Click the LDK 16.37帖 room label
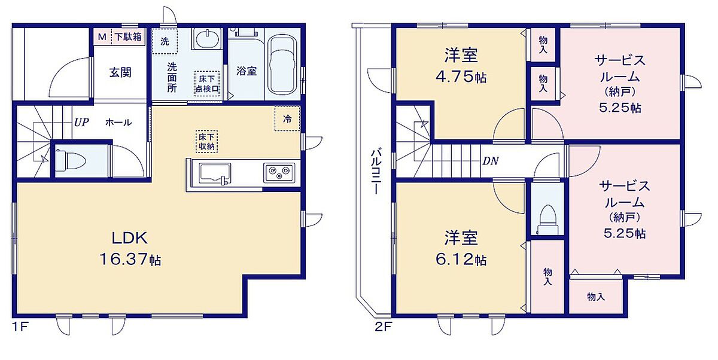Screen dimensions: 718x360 (x=130, y=248)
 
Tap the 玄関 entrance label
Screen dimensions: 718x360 (x=120, y=72)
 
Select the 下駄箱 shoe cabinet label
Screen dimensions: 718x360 (x=128, y=37)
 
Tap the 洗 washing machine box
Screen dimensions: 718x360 (x=165, y=41)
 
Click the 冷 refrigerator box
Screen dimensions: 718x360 (x=287, y=119)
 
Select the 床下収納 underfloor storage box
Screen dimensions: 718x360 (x=207, y=142)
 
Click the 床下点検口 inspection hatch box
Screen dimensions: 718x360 (x=207, y=83)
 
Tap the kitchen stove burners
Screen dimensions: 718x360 (x=279, y=173)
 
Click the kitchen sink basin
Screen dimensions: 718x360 (x=215, y=173)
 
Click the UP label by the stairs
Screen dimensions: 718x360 (x=81, y=123)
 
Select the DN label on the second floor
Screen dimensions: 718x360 (x=491, y=161)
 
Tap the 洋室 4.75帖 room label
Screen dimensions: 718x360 (x=461, y=66)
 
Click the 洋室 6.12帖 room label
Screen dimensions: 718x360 (x=461, y=248)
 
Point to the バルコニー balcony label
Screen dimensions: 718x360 (x=376, y=172)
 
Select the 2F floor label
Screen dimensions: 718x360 (x=384, y=327)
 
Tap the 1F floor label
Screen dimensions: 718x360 (x=20, y=327)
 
